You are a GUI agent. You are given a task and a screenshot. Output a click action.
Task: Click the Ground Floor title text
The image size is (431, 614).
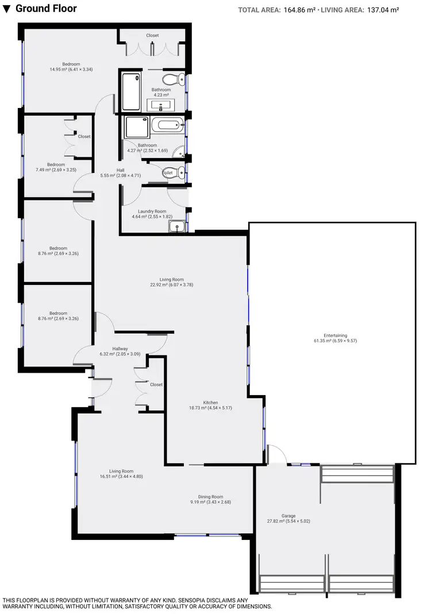click(x=46, y=9)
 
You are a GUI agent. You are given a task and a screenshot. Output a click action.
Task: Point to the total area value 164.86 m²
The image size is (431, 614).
click(x=298, y=10)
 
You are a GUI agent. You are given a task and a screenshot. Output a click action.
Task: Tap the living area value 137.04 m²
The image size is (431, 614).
click(x=383, y=10)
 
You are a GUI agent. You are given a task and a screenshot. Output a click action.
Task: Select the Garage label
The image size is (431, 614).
click(x=288, y=516)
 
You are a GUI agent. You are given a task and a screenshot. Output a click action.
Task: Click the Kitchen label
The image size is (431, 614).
click(x=210, y=403)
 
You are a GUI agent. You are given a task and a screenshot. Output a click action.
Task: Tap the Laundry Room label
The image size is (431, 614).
click(x=152, y=211)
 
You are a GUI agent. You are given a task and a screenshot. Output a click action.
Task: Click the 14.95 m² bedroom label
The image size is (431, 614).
click(x=71, y=64)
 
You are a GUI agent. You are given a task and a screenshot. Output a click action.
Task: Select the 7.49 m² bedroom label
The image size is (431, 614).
click(x=56, y=165)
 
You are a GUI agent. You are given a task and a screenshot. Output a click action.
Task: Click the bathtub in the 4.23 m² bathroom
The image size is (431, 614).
click(x=131, y=92)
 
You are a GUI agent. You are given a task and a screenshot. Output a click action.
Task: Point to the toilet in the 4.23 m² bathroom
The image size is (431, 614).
click(x=172, y=79)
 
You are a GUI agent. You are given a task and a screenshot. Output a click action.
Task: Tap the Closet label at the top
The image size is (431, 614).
click(x=152, y=36)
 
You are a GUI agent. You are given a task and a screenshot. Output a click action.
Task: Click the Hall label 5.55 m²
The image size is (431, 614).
click(x=121, y=170)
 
